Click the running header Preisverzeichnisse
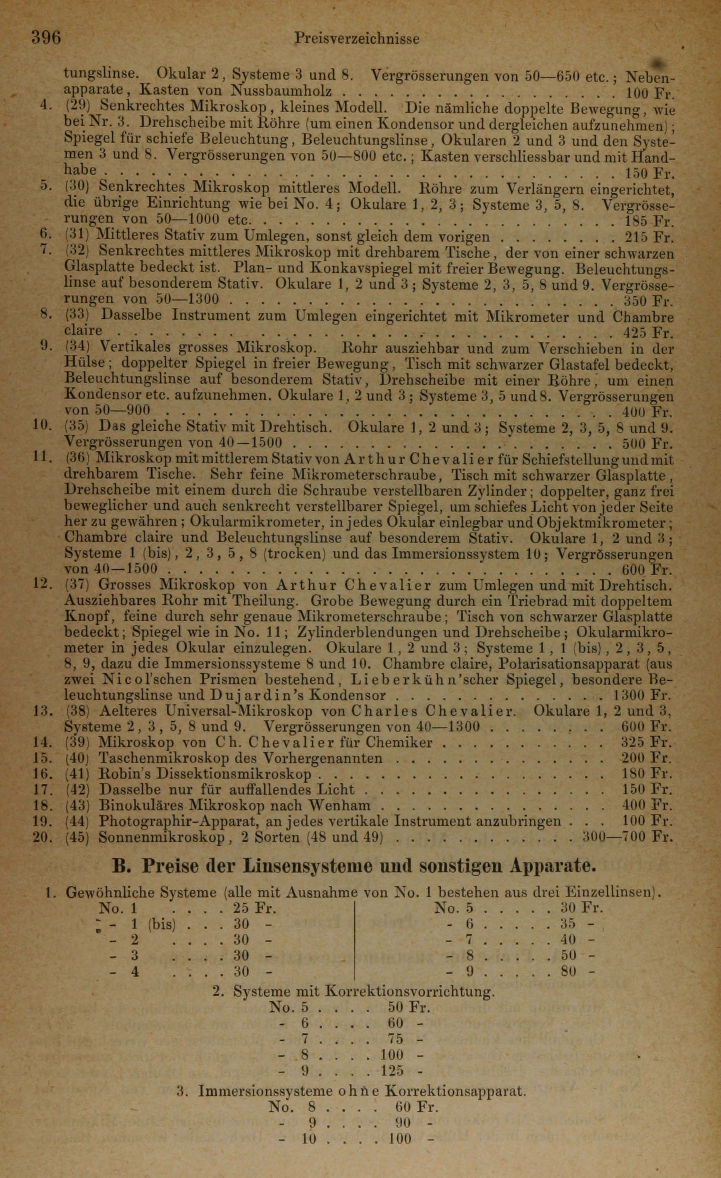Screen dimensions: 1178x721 pos(357,38)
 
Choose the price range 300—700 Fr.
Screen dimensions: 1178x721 pos(628,836)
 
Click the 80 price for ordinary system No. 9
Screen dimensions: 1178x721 pos(569,971)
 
